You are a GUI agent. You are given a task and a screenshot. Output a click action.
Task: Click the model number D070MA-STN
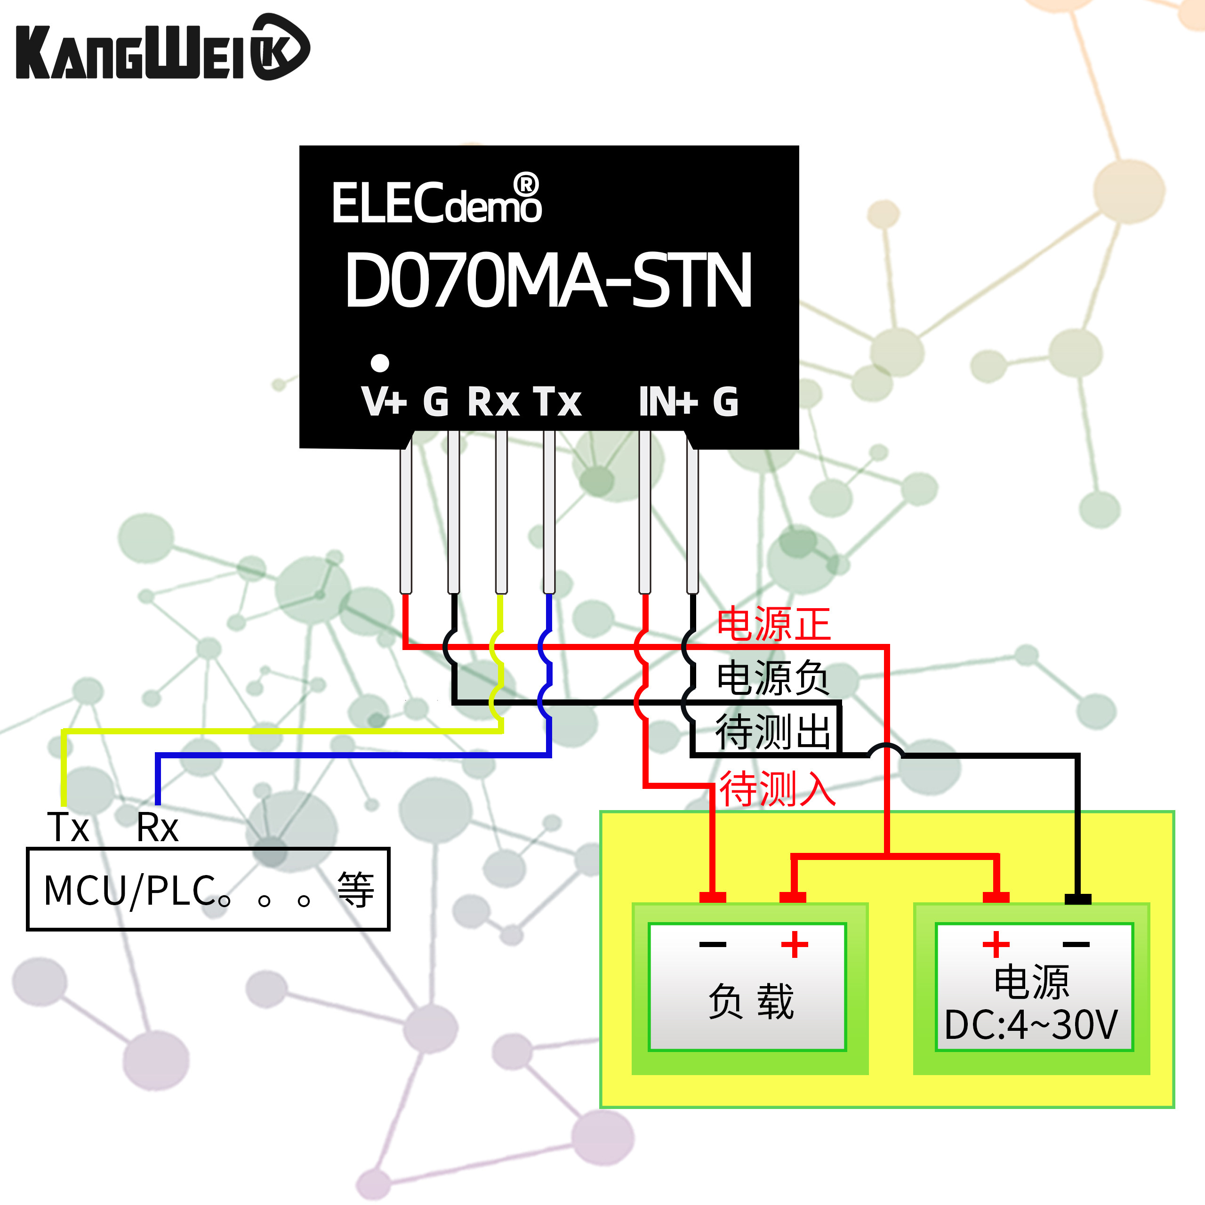(x=549, y=281)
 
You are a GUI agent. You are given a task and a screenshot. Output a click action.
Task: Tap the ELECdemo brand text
(x=437, y=201)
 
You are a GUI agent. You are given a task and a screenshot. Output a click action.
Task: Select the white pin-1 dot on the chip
(x=380, y=362)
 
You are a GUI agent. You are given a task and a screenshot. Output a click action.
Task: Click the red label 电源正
(x=773, y=624)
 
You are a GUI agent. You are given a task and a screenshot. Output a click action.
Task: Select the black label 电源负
(x=773, y=678)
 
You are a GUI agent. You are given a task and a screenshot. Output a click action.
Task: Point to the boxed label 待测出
(x=773, y=731)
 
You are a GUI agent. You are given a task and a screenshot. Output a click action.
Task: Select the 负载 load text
(x=751, y=1002)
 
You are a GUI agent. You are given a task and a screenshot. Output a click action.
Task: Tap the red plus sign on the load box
(x=795, y=944)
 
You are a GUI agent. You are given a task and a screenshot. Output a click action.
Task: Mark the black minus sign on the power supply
(x=1076, y=944)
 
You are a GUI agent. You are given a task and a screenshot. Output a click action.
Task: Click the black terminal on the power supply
(x=1078, y=899)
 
